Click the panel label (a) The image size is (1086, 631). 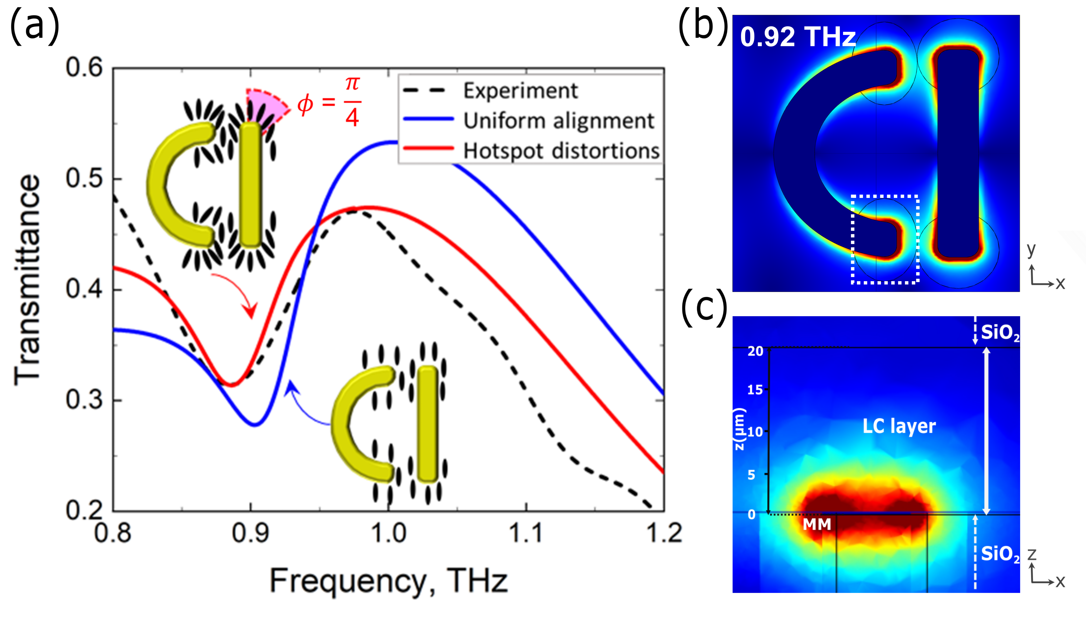tap(35, 27)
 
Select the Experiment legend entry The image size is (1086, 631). tap(520, 90)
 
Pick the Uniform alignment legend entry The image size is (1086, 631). tap(559, 121)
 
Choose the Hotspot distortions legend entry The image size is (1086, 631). tap(561, 151)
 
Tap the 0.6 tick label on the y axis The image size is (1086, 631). tap(84, 68)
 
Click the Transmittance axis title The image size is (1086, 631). tap(27, 280)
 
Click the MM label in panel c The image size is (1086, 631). tap(817, 524)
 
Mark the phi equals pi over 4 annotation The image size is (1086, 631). tap(329, 103)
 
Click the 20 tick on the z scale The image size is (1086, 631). tap(755, 351)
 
